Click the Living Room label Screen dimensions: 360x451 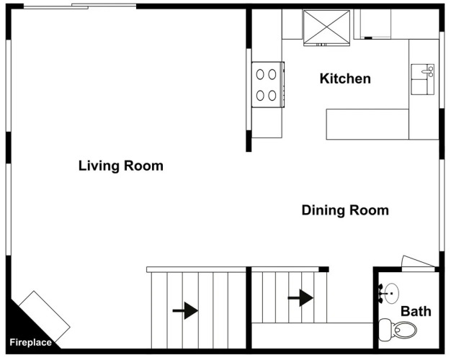pos(120,166)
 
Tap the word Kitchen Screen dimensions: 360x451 pos(345,78)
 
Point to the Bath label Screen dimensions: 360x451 pos(416,311)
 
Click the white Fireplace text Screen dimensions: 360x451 pos(30,343)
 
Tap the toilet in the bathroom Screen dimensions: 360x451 pos(401,330)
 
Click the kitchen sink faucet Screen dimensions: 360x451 pos(429,71)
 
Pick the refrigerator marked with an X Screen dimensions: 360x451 pos(326,27)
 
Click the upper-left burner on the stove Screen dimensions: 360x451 pos(261,73)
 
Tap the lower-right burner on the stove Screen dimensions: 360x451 pos(274,94)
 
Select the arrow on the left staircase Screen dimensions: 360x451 pos(185,310)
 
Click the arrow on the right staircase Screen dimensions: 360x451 pos(301,297)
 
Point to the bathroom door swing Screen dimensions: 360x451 pos(418,262)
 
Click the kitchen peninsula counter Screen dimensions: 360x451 pos(367,124)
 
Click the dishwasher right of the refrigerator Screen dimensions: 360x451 pos(375,24)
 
